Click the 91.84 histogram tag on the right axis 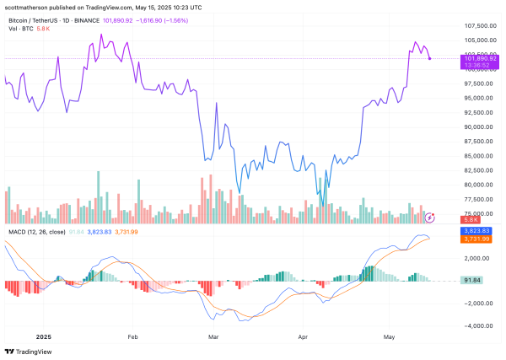pos(475,280)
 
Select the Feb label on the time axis pos(133,335)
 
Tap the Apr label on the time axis pos(302,335)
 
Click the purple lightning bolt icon pos(432,218)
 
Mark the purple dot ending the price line pos(430,58)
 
